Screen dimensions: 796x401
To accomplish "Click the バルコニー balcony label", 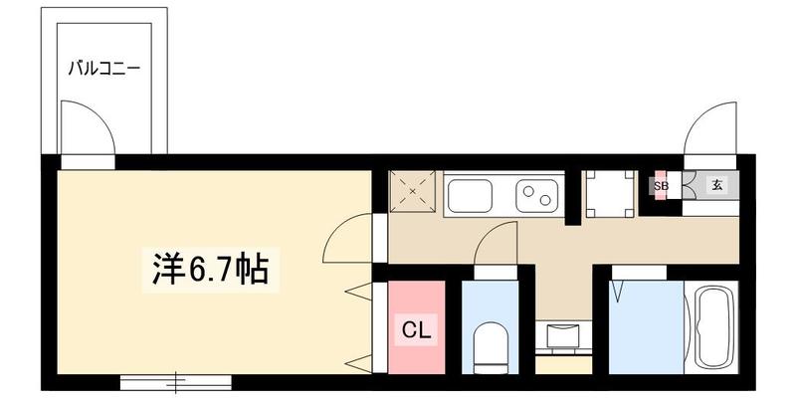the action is [103, 68].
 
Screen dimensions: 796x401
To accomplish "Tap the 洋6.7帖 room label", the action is [210, 269].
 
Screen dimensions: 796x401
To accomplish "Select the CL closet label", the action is [416, 331].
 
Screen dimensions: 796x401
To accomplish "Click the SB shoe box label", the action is [661, 186].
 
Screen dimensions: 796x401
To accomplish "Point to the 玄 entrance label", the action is [716, 185].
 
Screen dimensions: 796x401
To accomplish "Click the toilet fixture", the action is [490, 347].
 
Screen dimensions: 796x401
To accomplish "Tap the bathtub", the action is [712, 327].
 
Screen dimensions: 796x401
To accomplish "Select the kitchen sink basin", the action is [470, 196].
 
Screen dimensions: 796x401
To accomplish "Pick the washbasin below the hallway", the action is [563, 336].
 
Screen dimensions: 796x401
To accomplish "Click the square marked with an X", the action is [412, 191].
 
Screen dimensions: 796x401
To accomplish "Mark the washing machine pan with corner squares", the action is [610, 194].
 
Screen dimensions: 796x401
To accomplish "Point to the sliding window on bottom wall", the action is [176, 382].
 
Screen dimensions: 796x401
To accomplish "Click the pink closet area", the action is [416, 327].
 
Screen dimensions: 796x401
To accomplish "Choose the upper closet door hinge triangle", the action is [359, 291].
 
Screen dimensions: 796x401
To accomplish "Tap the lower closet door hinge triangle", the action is [359, 363].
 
